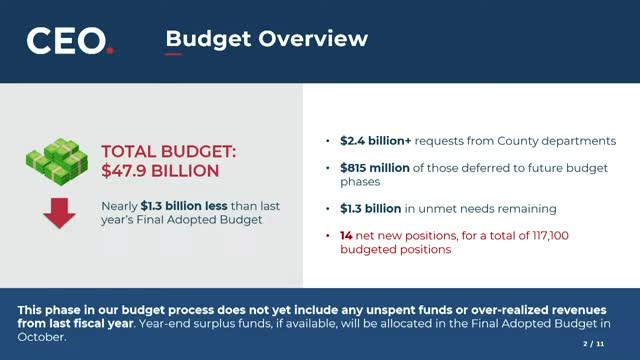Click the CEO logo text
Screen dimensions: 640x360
[66, 41]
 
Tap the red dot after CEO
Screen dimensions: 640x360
[110, 51]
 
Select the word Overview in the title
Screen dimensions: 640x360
[313, 38]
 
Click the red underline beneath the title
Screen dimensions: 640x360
[173, 54]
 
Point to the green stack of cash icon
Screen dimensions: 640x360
[57, 162]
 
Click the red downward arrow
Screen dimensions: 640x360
[60, 213]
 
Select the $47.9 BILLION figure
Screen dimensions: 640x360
[160, 171]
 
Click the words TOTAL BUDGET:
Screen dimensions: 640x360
[169, 151]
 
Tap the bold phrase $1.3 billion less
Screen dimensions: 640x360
[184, 206]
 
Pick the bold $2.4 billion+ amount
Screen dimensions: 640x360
[376, 141]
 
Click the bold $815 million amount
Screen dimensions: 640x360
[375, 168]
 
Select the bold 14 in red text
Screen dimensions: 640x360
[346, 236]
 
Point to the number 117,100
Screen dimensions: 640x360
[550, 236]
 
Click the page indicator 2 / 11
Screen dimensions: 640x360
[593, 344]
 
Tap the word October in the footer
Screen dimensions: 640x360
[41, 337]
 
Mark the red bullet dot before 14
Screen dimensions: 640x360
[328, 236]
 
